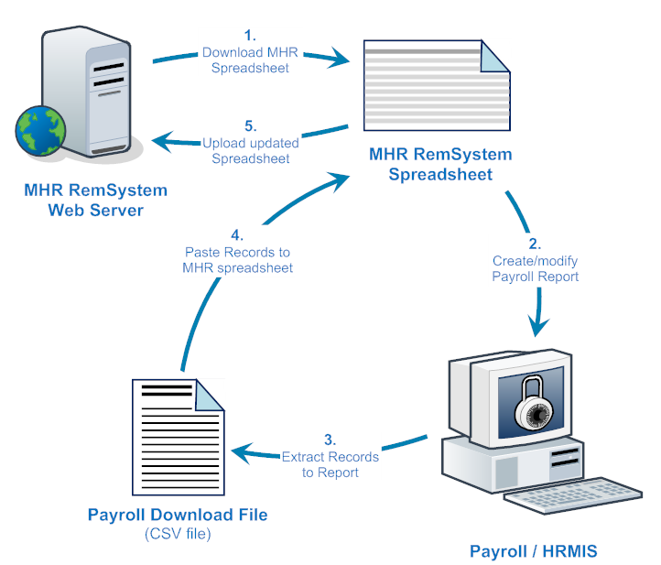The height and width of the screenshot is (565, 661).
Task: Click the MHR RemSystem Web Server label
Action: click(97, 201)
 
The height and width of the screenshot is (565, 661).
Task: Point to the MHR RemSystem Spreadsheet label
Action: click(440, 164)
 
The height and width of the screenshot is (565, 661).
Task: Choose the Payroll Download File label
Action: click(178, 515)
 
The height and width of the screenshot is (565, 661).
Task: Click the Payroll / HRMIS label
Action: click(534, 551)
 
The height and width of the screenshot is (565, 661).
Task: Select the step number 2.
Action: click(535, 244)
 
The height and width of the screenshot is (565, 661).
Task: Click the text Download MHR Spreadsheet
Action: click(251, 60)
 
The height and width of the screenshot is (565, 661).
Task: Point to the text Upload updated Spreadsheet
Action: click(251, 151)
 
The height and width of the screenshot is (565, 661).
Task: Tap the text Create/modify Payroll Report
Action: click(535, 268)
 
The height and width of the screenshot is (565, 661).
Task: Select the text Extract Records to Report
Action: click(330, 464)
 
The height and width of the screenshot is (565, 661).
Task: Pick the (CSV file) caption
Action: click(178, 533)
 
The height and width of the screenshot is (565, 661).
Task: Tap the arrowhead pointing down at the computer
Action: click(540, 327)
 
